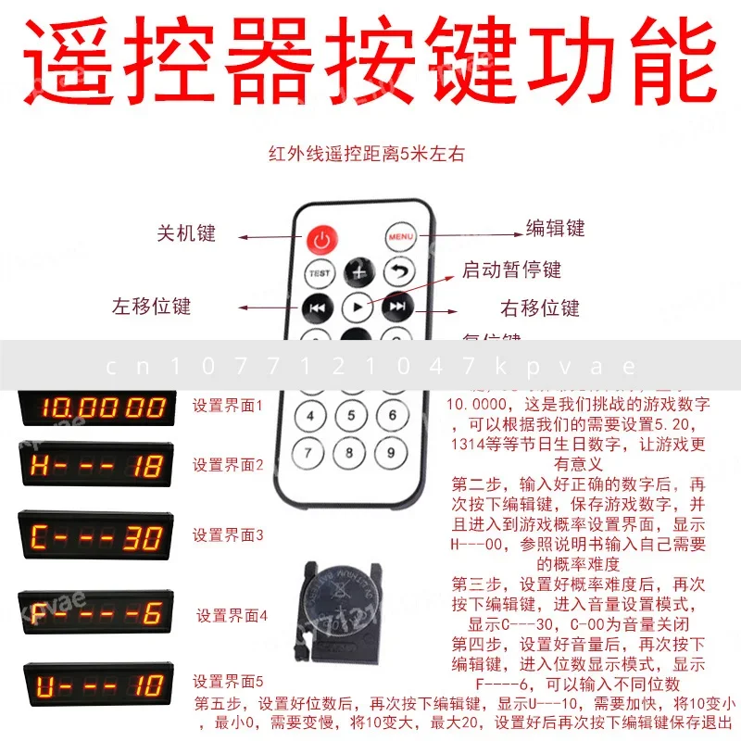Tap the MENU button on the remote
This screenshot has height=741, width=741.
pyautogui.click(x=401, y=236)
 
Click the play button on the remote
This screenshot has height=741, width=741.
pyautogui.click(x=357, y=306)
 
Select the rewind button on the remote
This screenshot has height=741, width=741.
pyautogui.click(x=315, y=308)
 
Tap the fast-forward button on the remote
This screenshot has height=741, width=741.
pyautogui.click(x=397, y=307)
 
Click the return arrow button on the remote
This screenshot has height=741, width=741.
pyautogui.click(x=398, y=272)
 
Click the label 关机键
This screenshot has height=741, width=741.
pyautogui.click(x=185, y=232)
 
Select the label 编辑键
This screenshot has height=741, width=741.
pyautogui.click(x=556, y=228)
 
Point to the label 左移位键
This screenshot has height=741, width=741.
pyautogui.click(x=152, y=306)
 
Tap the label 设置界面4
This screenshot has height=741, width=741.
pyautogui.click(x=232, y=614)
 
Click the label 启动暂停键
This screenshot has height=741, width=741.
pyautogui.click(x=512, y=270)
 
